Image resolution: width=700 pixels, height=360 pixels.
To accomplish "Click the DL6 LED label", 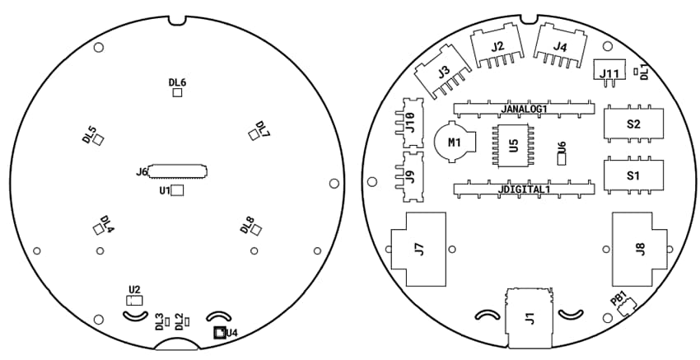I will [177, 82].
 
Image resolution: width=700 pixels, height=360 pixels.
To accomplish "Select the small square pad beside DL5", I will [99, 142].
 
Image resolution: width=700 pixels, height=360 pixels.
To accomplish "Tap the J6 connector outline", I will [178, 171].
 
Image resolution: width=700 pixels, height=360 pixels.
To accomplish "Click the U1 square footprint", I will [177, 191].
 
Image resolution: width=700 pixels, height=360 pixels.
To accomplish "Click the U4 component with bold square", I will [219, 333].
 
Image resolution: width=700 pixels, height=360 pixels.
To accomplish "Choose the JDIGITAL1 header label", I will [524, 189].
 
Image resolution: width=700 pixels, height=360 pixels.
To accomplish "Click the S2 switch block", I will [632, 124].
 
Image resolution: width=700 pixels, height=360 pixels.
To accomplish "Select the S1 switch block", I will [632, 175].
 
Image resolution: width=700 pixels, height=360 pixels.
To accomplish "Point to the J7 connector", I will [419, 247].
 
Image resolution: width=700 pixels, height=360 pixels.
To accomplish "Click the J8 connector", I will [640, 247].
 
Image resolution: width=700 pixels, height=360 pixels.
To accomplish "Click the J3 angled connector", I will [443, 73].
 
